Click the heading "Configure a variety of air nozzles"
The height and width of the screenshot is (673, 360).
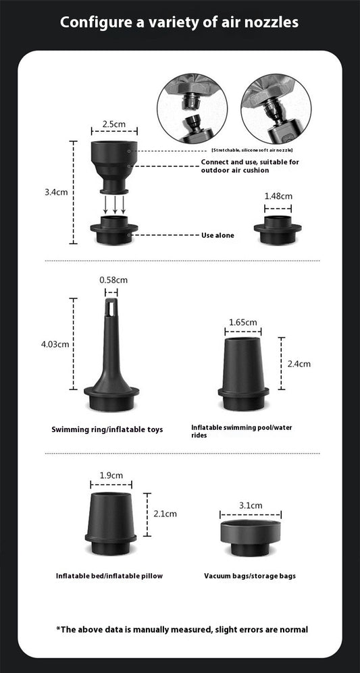point(180,22)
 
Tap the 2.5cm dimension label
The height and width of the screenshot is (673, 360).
point(113,124)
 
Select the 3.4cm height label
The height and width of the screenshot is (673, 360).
point(56,192)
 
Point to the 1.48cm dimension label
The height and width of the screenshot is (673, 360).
point(278,196)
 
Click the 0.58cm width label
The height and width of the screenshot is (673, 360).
point(113,279)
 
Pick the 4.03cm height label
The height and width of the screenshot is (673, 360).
point(55,344)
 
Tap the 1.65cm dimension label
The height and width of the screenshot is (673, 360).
point(243,322)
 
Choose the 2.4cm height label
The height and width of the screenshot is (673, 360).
point(299,364)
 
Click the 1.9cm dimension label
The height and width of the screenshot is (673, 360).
point(111,475)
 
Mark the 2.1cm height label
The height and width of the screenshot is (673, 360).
point(165,514)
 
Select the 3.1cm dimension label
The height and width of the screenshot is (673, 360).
point(251,505)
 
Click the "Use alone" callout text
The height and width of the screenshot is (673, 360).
point(217,235)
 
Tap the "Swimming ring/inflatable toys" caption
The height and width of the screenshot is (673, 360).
point(107,429)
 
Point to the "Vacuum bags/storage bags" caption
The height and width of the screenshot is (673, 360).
point(249,576)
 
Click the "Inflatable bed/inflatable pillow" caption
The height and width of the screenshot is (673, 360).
point(109,576)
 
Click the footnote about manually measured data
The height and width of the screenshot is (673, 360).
point(182,629)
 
